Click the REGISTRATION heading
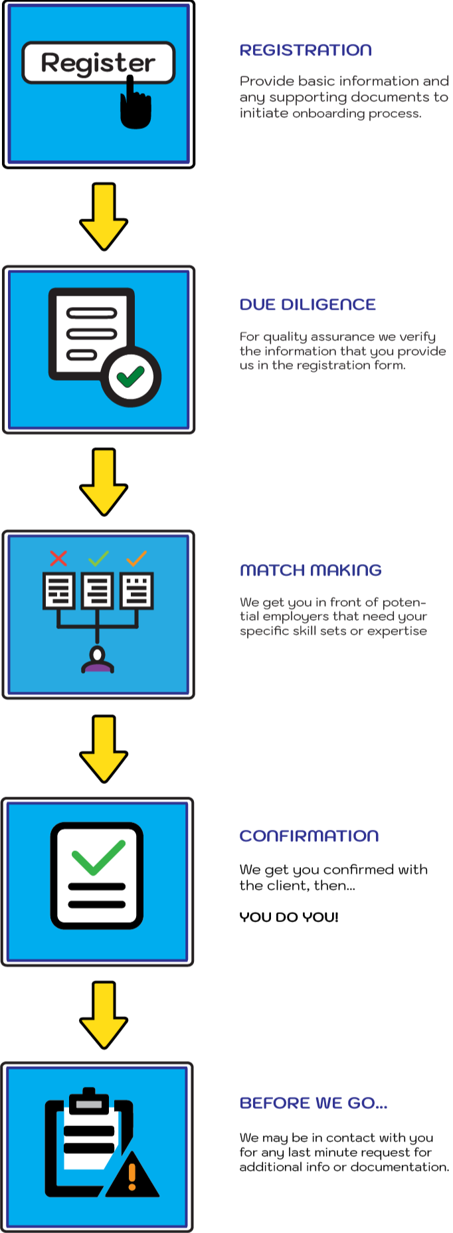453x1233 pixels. coord(305,50)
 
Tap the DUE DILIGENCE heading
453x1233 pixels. coord(308,305)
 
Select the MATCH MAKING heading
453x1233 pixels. coord(310,570)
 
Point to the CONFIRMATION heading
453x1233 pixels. coord(309,836)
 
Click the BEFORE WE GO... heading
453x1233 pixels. coord(313,1103)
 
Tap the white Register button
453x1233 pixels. coord(98,62)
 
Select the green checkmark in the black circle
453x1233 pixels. coord(131,377)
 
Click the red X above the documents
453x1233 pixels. coord(58,558)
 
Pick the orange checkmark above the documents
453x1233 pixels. coord(137,558)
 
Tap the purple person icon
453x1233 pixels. coord(98,660)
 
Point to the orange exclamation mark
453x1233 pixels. coord(132,1177)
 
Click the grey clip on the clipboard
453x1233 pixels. coord(88,1103)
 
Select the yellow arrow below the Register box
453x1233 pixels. coord(104,216)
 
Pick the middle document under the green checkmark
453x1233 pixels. coord(98,591)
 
